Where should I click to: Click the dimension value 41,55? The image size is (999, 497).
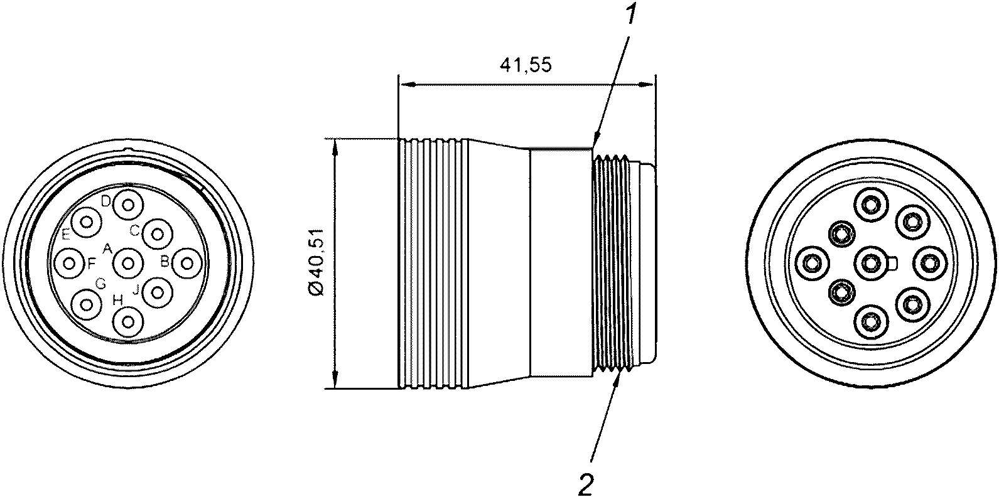(x=526, y=65)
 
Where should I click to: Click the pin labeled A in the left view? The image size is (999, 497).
(x=129, y=264)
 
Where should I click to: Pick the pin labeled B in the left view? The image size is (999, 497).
(x=187, y=264)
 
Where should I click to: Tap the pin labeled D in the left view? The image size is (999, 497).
(x=129, y=205)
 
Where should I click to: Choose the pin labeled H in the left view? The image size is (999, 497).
(x=129, y=321)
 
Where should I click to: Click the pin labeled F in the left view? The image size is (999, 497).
(x=69, y=264)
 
